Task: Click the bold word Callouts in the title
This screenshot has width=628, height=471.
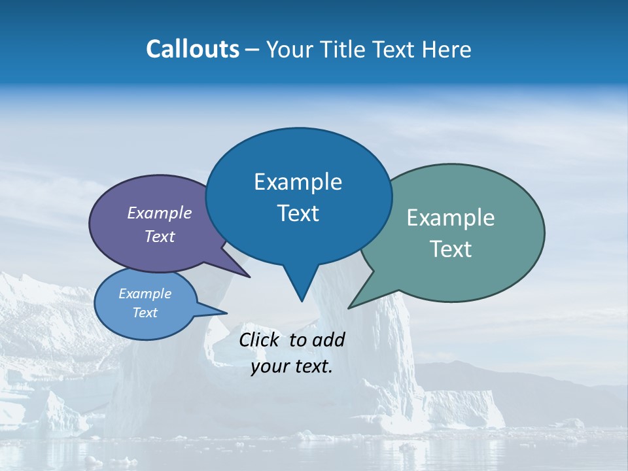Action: click(192, 49)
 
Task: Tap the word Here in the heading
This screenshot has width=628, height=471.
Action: click(447, 50)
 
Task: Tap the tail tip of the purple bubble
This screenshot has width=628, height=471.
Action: click(249, 277)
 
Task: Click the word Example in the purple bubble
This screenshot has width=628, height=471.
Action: click(159, 213)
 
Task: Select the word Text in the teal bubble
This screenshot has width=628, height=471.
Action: click(451, 249)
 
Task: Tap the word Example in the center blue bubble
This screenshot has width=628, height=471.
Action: click(298, 181)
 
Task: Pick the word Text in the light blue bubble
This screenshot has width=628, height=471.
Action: click(145, 313)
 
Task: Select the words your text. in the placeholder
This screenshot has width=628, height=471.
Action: click(292, 366)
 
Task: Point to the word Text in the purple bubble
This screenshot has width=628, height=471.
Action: click(159, 236)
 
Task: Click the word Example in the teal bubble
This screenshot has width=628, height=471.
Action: click(451, 217)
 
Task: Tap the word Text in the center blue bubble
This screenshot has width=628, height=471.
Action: click(298, 213)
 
